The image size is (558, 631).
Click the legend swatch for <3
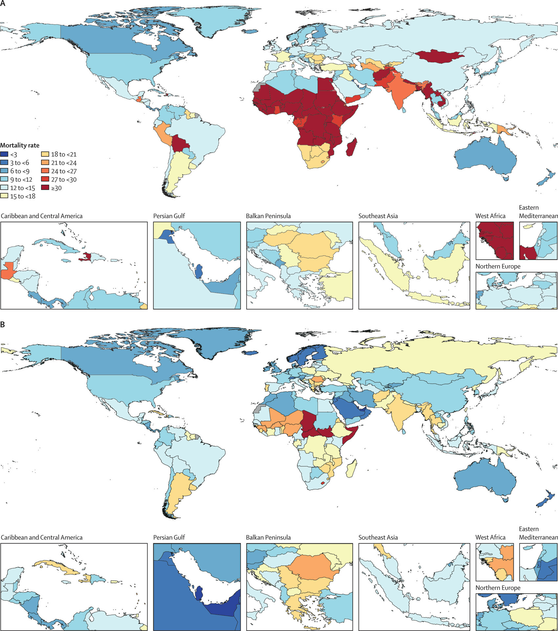coord(4,154)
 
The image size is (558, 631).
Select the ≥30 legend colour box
coord(45,188)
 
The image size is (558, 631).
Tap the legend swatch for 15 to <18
coord(4,196)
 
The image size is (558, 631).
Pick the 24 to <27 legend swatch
coord(45,171)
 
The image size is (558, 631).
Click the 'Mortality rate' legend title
coord(20,145)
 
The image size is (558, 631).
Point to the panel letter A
coord(3,3)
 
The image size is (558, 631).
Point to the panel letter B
coord(3,325)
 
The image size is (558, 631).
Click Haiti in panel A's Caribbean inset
coord(86,256)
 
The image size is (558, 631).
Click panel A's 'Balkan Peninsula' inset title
coord(268,216)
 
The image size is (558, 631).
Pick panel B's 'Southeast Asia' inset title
coord(378,537)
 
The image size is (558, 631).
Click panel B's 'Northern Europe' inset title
coord(498,588)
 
